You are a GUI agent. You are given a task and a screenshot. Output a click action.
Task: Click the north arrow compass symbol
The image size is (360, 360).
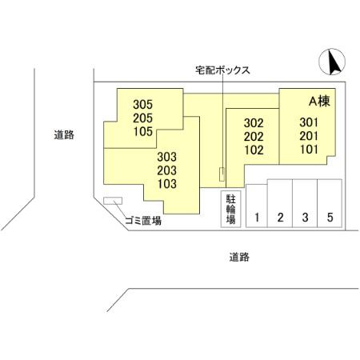click(x=332, y=62)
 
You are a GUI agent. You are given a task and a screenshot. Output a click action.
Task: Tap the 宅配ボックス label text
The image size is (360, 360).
click(x=222, y=70)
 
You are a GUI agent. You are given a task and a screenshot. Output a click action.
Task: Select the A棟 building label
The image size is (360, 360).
click(x=319, y=101)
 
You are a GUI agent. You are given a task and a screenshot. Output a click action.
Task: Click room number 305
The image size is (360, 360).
click(x=143, y=105)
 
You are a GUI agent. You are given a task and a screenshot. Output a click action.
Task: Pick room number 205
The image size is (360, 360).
click(x=143, y=118)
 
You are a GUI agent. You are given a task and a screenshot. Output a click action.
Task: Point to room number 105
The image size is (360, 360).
click(x=143, y=131)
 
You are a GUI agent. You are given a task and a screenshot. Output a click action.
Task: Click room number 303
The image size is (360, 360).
click(x=167, y=157)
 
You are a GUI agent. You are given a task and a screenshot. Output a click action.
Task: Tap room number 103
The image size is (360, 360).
click(x=167, y=184)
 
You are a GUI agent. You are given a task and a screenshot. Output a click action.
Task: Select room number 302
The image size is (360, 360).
click(x=254, y=123)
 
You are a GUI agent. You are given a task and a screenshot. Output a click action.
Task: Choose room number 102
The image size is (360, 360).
click(x=254, y=150)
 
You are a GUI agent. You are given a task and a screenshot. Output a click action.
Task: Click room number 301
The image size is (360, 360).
click(x=309, y=122)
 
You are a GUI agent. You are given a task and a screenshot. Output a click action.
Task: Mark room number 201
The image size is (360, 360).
click(x=309, y=136)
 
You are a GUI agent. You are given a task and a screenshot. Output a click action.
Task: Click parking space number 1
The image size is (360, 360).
click(x=257, y=218)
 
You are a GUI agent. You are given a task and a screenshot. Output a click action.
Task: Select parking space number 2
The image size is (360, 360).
click(x=280, y=218)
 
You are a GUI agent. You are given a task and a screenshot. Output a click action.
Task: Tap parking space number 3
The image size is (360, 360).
click(x=305, y=218)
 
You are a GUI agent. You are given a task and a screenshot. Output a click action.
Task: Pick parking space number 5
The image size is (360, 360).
click(x=330, y=218)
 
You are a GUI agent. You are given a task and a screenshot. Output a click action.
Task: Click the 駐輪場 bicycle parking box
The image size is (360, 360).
click(x=231, y=209)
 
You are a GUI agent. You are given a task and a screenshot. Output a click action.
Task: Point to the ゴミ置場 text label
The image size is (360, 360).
click(x=143, y=221)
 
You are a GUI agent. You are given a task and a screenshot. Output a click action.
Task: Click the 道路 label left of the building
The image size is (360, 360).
click(x=64, y=134)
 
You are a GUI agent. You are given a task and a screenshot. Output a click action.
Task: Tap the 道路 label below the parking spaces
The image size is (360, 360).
click(x=239, y=257)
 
